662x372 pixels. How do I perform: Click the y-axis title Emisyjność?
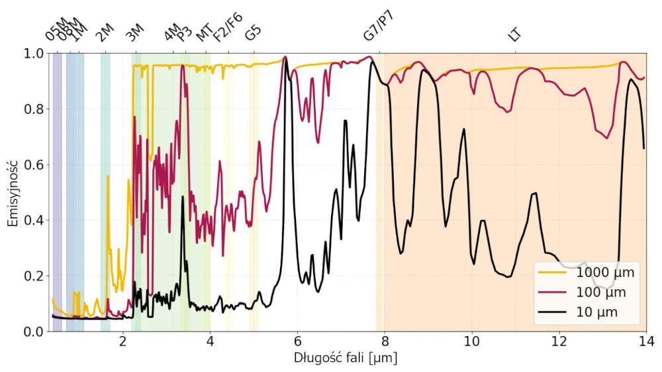click(13, 192)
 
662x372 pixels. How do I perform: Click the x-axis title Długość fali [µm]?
click(345, 358)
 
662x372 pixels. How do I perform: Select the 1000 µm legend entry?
click(605, 272)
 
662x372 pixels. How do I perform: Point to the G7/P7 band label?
click(379, 27)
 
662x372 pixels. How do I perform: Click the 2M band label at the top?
click(105, 33)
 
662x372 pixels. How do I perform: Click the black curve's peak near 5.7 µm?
click(286, 60)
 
